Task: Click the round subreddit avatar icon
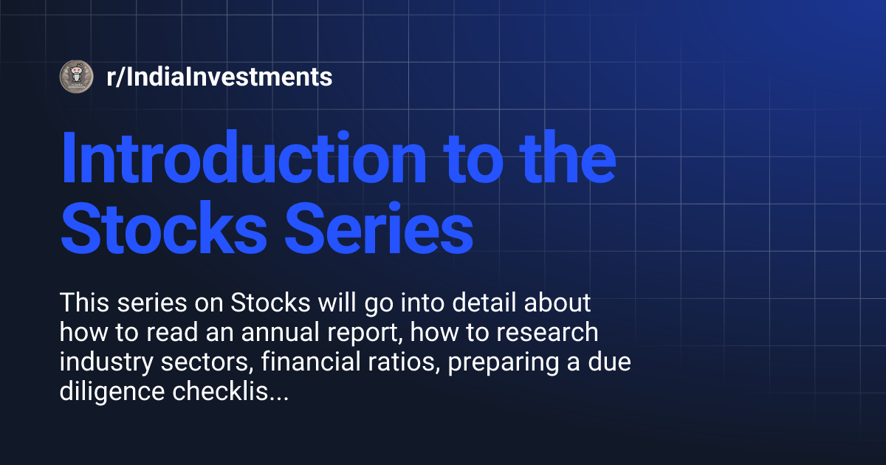point(76,76)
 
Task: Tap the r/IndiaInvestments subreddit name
point(219,77)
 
